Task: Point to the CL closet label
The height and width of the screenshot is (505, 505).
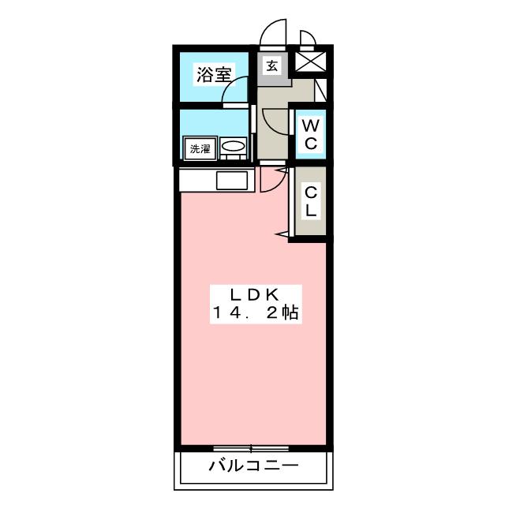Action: (311, 201)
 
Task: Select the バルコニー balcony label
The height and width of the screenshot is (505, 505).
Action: (253, 466)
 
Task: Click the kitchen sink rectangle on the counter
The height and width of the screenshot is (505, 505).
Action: (233, 181)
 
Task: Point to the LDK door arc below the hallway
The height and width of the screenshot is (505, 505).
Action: (270, 180)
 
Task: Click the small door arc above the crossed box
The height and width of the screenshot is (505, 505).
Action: (308, 38)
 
